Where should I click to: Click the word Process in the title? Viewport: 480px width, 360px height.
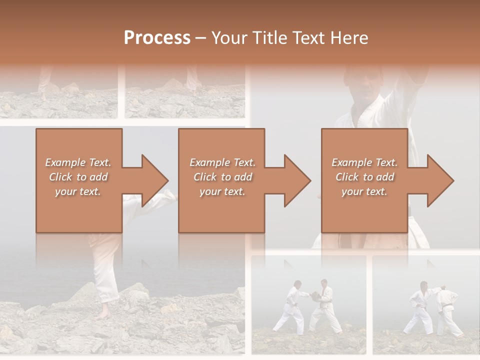[157, 38]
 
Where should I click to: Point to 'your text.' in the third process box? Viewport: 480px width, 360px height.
[364, 191]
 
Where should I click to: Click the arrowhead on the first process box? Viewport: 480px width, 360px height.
[154, 180]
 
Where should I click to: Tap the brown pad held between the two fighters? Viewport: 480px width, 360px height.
[315, 295]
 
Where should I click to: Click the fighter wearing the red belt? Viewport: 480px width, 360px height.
[325, 305]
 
